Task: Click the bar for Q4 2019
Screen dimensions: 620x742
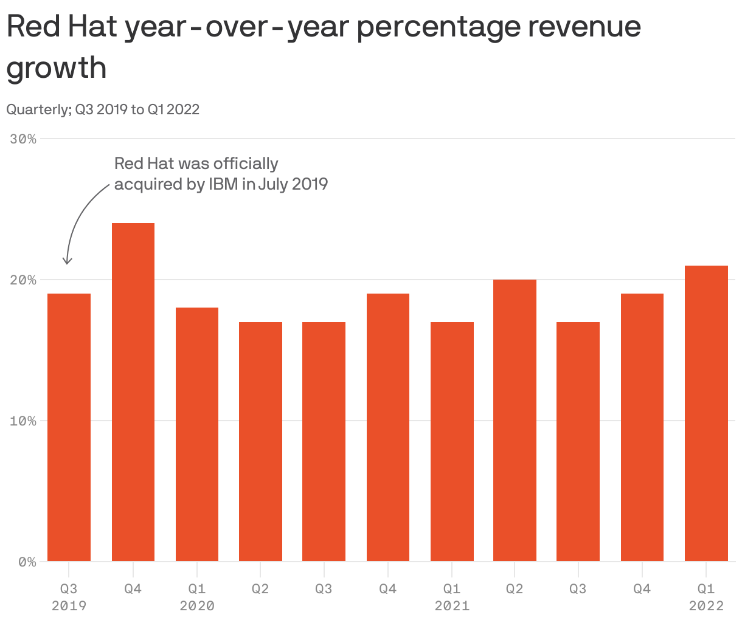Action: (x=133, y=392)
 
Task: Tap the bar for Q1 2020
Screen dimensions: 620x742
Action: (x=197, y=434)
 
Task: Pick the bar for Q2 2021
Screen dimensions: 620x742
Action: (x=515, y=420)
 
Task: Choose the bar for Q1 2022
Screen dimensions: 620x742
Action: (x=706, y=413)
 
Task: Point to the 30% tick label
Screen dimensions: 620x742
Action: (x=23, y=139)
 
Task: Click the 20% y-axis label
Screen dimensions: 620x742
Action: (x=23, y=280)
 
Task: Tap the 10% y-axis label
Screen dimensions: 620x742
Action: (x=23, y=421)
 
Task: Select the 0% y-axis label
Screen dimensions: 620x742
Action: (x=27, y=562)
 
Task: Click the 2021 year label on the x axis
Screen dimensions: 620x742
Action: (x=452, y=605)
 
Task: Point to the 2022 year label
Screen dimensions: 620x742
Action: (x=706, y=605)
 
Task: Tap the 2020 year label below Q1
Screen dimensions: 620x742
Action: (x=197, y=605)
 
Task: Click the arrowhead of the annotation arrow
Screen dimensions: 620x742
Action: (x=68, y=261)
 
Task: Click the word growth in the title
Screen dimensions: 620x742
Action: (x=57, y=67)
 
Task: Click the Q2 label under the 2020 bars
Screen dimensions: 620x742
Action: (x=260, y=588)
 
